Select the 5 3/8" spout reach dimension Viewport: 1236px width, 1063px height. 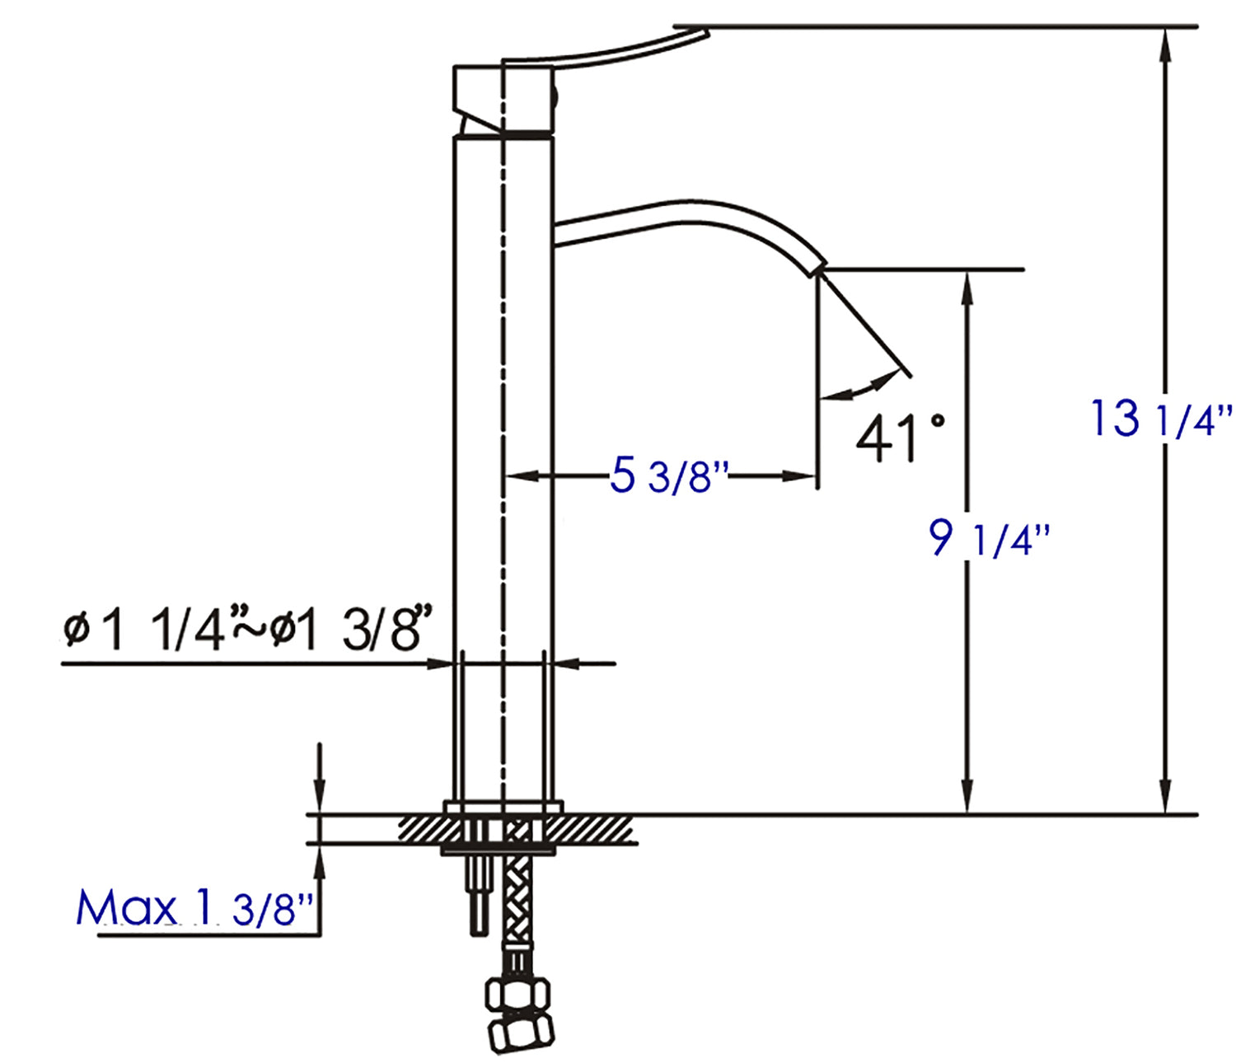669,476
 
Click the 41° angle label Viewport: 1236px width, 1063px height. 898,437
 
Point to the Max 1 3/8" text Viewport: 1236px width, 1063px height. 194,908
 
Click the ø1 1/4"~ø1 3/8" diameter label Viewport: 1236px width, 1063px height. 247,630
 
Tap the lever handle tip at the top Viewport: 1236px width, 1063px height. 696,35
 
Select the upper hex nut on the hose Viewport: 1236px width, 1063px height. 517,995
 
